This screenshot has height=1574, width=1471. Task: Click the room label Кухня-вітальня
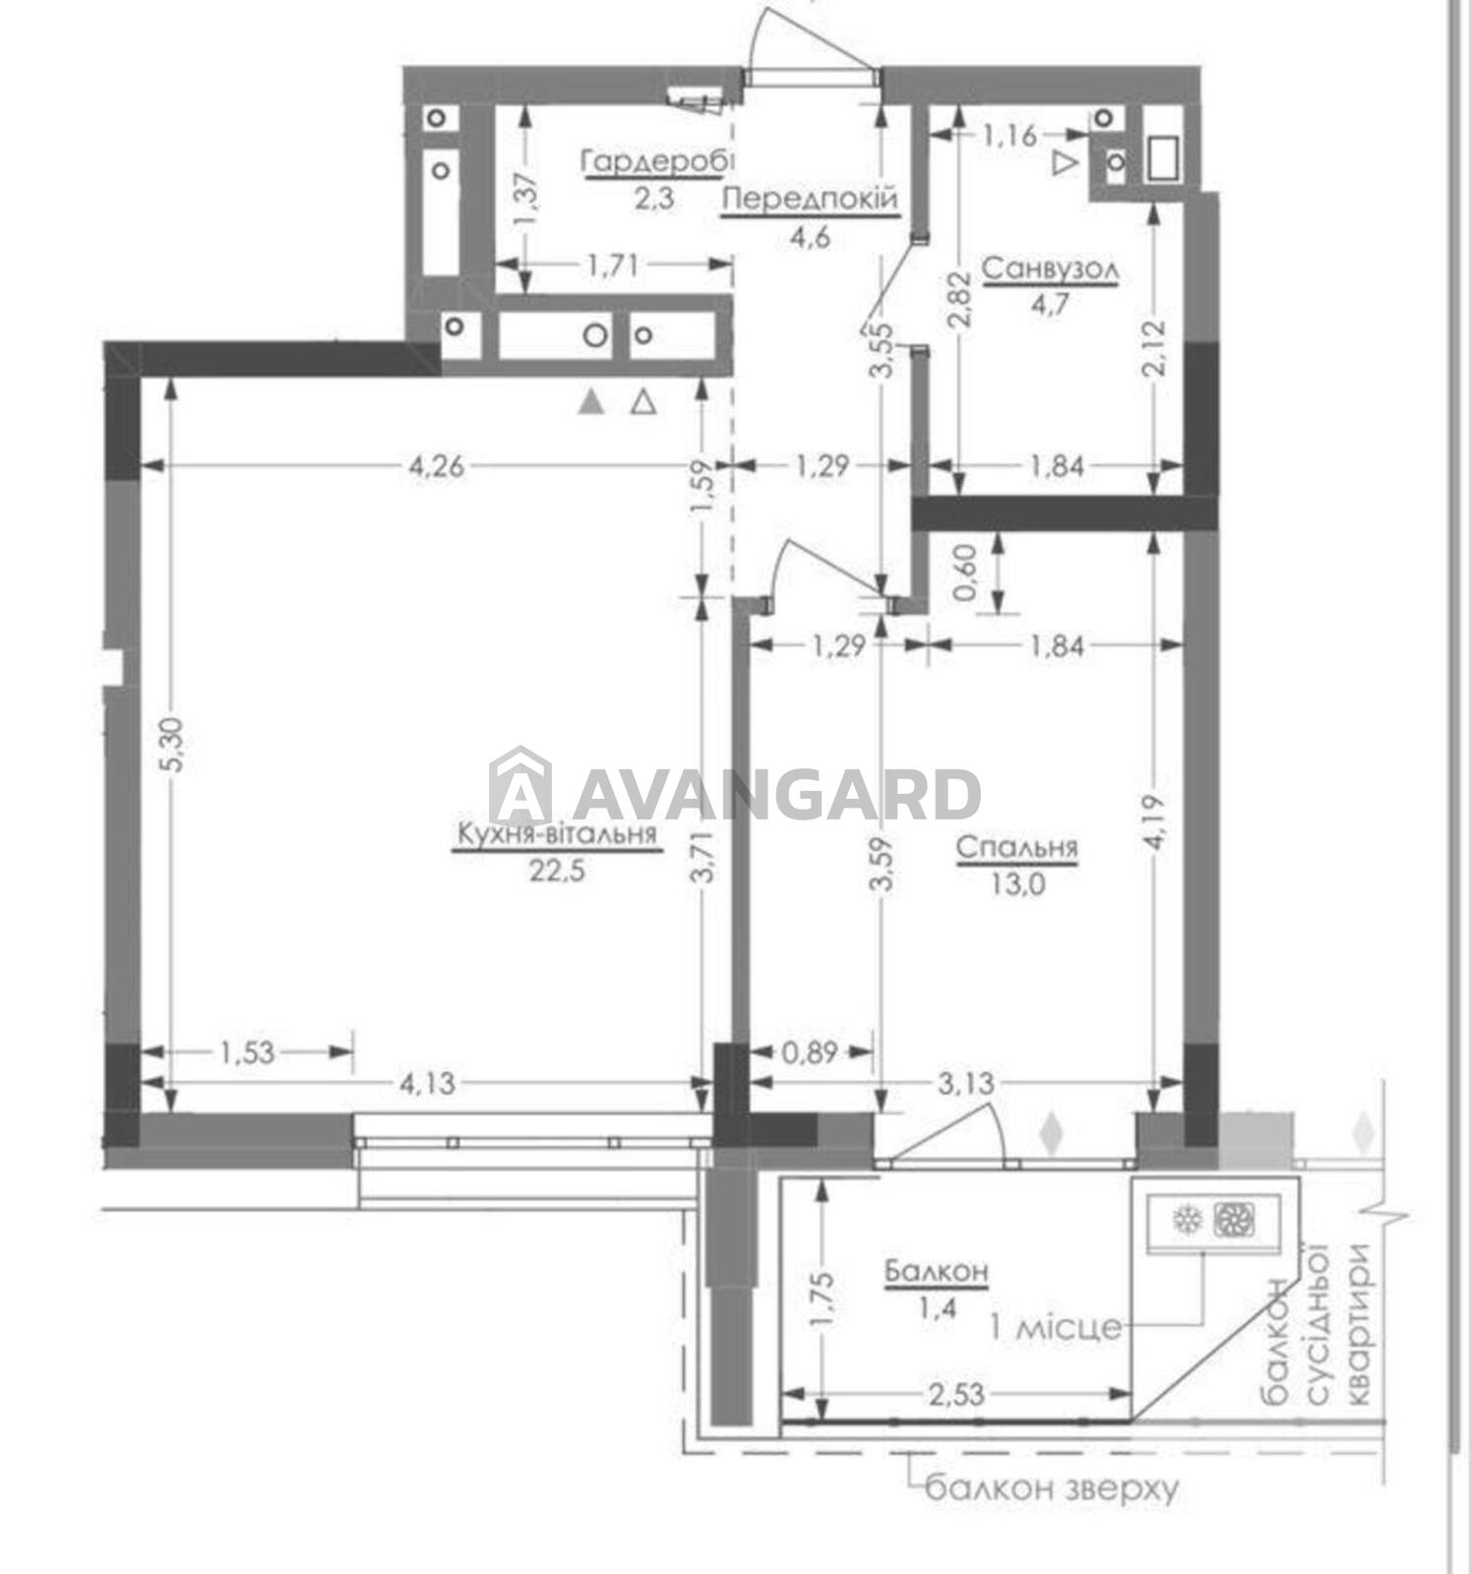pos(556,835)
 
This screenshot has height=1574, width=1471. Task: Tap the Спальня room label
pos(1017,847)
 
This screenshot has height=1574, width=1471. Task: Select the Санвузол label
pos(1051,269)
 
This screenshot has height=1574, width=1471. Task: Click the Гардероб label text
pos(658,162)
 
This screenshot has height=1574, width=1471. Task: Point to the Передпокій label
pos(811,201)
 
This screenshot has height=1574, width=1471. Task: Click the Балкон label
pos(936,1272)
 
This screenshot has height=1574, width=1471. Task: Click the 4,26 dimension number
pos(436,465)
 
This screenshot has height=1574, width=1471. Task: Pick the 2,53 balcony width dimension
pos(956,1394)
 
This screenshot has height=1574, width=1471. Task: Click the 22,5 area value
pos(557,872)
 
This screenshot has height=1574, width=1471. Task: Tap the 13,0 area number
pos(1017,883)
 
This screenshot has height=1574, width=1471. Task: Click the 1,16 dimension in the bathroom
pos(1010,135)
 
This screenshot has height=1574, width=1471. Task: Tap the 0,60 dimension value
pos(966,573)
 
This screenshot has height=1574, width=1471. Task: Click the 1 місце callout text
pos(1055,1328)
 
